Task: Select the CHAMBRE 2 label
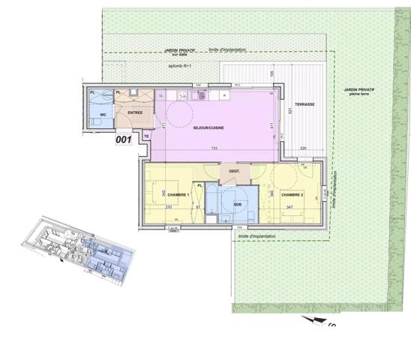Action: click(x=292, y=195)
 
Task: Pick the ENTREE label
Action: click(x=135, y=113)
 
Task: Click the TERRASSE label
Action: click(x=304, y=104)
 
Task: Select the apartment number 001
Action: click(x=123, y=139)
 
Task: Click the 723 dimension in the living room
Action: click(x=214, y=148)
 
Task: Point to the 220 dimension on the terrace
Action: click(x=304, y=148)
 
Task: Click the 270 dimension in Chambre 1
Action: click(x=169, y=206)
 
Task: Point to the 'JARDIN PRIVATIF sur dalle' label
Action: click(x=179, y=52)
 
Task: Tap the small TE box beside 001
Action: click(x=147, y=137)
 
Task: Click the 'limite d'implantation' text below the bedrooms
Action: click(x=259, y=236)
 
